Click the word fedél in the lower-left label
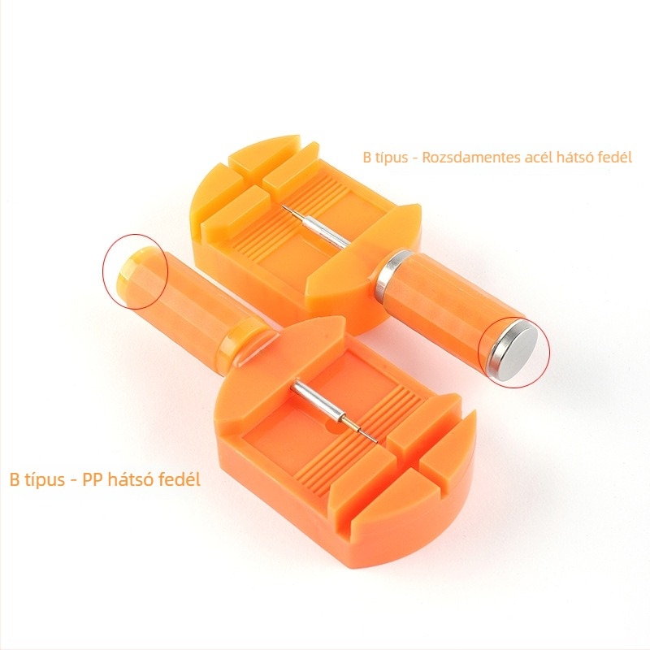pos(180,479)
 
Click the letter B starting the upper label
pos(367,158)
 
